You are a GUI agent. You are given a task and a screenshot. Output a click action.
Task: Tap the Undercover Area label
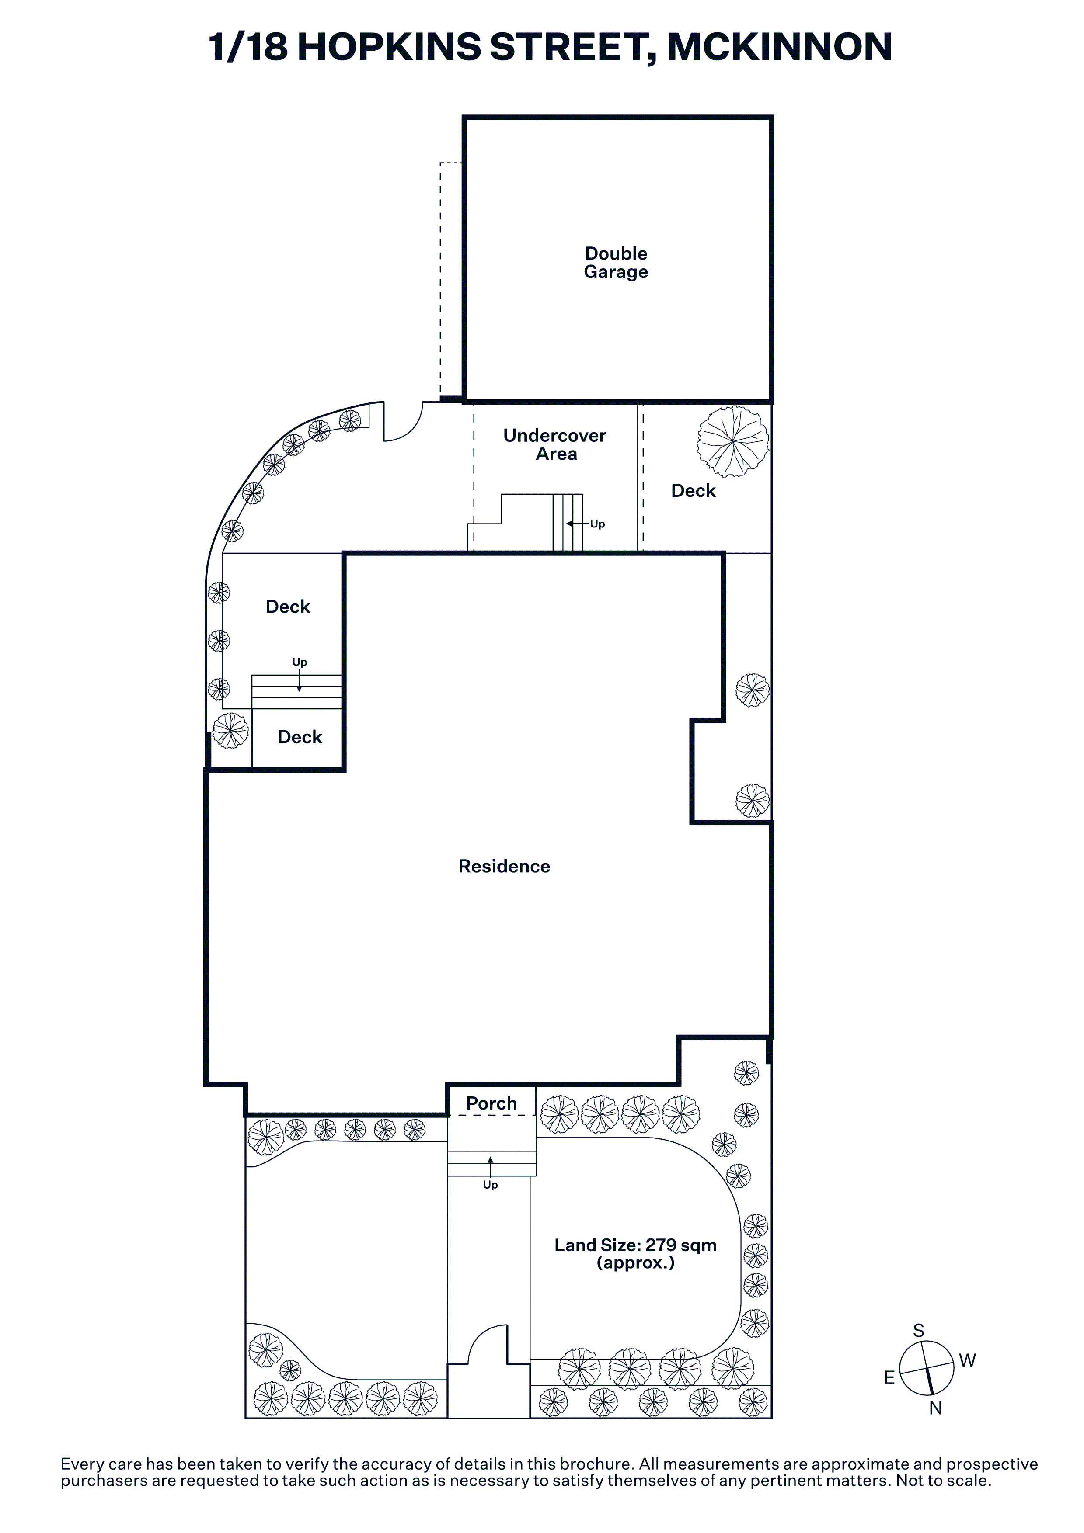[555, 445]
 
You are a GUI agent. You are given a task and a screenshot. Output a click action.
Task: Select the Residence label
[504, 866]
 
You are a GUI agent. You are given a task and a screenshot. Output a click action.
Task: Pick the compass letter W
[967, 1360]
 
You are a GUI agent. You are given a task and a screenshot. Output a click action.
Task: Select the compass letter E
[890, 1377]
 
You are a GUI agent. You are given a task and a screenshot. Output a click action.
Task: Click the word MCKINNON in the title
[780, 47]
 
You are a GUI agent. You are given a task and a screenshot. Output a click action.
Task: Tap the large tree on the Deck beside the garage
[733, 441]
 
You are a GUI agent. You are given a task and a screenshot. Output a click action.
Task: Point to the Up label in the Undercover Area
[597, 524]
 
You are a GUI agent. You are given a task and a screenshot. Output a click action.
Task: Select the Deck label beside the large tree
[693, 491]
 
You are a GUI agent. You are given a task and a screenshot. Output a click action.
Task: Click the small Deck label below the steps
[300, 737]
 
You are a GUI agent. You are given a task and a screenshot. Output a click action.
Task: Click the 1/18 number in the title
[248, 47]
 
